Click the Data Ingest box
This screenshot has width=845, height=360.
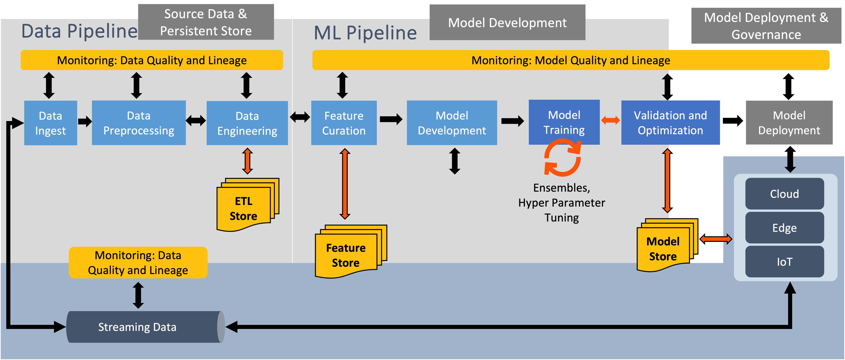click(x=50, y=123)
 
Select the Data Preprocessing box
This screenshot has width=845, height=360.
click(x=139, y=123)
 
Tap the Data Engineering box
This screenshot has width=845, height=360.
click(x=247, y=123)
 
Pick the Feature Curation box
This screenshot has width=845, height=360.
click(x=344, y=123)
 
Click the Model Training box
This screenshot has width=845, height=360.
click(x=564, y=122)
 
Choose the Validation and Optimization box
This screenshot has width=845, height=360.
click(x=671, y=123)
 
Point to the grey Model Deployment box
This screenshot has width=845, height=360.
click(x=789, y=123)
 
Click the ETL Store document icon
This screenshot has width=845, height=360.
click(x=248, y=205)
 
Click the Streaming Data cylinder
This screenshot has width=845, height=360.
click(x=146, y=327)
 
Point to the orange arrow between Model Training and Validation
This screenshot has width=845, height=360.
click(x=610, y=120)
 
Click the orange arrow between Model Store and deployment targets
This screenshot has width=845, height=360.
click(x=716, y=239)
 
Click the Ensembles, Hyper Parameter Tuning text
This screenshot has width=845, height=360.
click(x=562, y=203)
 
